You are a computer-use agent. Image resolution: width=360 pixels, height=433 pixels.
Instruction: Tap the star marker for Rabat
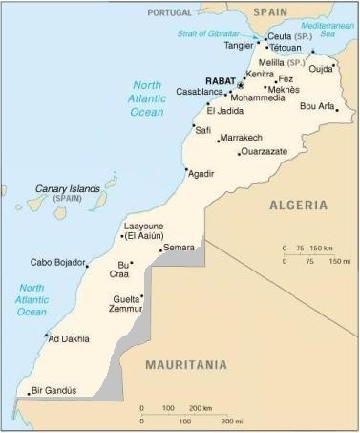pos(241,84)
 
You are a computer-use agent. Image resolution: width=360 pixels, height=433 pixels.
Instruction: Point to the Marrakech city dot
pos(219,141)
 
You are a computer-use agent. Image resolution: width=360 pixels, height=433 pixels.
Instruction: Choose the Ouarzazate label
pos(263,151)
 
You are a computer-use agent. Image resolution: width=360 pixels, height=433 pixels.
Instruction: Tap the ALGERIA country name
pos(298,206)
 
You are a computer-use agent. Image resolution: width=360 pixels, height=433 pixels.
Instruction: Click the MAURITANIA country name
pos(185,365)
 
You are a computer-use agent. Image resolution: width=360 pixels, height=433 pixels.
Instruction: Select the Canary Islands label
pos(68,189)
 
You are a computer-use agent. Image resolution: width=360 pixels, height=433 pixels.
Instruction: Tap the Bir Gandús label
pos(53,391)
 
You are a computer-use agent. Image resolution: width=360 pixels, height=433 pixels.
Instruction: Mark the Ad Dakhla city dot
pos(46,335)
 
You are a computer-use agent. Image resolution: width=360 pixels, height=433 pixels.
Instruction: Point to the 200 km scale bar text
pos(200,408)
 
